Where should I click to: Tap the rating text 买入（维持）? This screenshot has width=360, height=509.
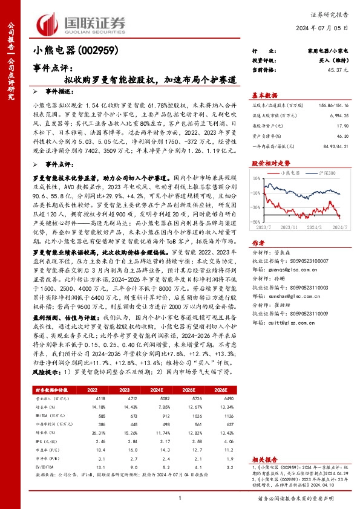point(332,61)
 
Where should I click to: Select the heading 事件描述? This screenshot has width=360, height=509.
point(58,89)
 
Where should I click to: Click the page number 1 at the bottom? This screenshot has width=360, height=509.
point(180,498)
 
